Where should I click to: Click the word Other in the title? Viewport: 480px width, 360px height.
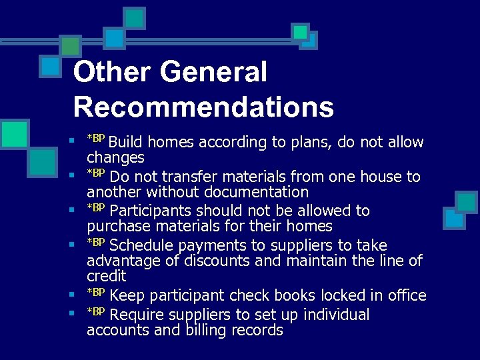click(x=109, y=72)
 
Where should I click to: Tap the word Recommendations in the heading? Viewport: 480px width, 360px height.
click(x=203, y=107)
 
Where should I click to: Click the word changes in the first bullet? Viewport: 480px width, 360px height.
click(x=115, y=158)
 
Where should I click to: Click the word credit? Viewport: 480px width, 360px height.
click(x=106, y=275)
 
